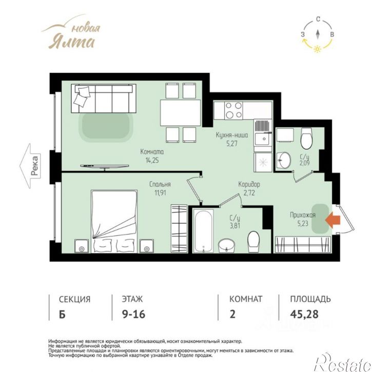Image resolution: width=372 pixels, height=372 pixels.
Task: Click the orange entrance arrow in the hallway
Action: tap(332, 220)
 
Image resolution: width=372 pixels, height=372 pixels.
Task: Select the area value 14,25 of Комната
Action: tap(152, 161)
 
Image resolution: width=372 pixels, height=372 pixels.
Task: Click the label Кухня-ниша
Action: tap(232, 135)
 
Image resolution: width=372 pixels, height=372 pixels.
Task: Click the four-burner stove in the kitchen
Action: tap(233, 110)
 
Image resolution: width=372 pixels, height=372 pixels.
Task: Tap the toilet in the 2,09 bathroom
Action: tap(306, 139)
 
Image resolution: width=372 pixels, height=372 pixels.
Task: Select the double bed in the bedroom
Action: tap(114, 221)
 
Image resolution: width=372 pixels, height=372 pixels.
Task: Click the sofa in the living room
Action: tap(104, 99)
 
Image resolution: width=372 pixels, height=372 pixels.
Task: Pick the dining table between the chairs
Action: tap(180, 113)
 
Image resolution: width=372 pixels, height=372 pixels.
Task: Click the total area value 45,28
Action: tap(304, 314)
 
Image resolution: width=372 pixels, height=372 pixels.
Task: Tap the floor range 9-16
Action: tap(133, 314)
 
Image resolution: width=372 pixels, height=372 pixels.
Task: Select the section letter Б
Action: tap(62, 314)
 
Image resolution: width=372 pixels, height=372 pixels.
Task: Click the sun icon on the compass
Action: tap(317, 49)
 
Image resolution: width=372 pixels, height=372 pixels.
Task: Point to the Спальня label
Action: tap(160, 184)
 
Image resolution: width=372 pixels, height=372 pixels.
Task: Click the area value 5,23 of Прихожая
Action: tap(303, 223)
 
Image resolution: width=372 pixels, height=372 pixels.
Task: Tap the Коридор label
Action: tap(249, 184)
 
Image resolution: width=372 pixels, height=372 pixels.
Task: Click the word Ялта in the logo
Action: tap(71, 42)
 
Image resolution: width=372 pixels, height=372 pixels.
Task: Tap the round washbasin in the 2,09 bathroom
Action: tap(284, 160)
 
